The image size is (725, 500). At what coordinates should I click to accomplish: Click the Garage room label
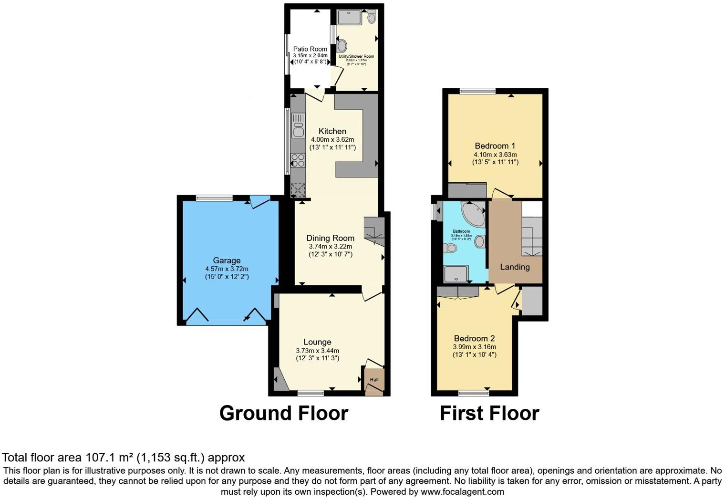coord(227,260)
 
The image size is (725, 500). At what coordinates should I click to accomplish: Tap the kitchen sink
coord(298,125)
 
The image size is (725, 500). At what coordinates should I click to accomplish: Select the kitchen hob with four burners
coord(298,160)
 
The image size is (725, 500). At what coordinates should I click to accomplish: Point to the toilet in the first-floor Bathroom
coord(450,248)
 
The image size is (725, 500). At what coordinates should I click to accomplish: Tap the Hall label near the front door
coord(374,380)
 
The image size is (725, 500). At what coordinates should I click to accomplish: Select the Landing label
coord(515,267)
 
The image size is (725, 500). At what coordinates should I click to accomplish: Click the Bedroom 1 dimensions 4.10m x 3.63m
coord(495,155)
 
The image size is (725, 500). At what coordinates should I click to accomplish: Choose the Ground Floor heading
coord(284,413)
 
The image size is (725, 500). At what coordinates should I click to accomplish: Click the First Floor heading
coord(489,413)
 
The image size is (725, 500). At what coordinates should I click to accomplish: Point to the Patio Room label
coord(310,49)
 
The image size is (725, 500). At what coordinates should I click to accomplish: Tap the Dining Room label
coord(330,238)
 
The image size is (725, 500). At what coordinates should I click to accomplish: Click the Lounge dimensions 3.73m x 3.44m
coord(317,351)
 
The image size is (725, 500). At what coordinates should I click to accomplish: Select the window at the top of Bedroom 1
coord(477,91)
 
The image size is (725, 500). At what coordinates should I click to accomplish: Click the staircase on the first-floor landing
coord(531,236)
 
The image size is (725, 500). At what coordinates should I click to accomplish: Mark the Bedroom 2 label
coord(474,338)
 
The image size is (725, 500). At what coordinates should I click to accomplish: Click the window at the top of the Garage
coord(214,198)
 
